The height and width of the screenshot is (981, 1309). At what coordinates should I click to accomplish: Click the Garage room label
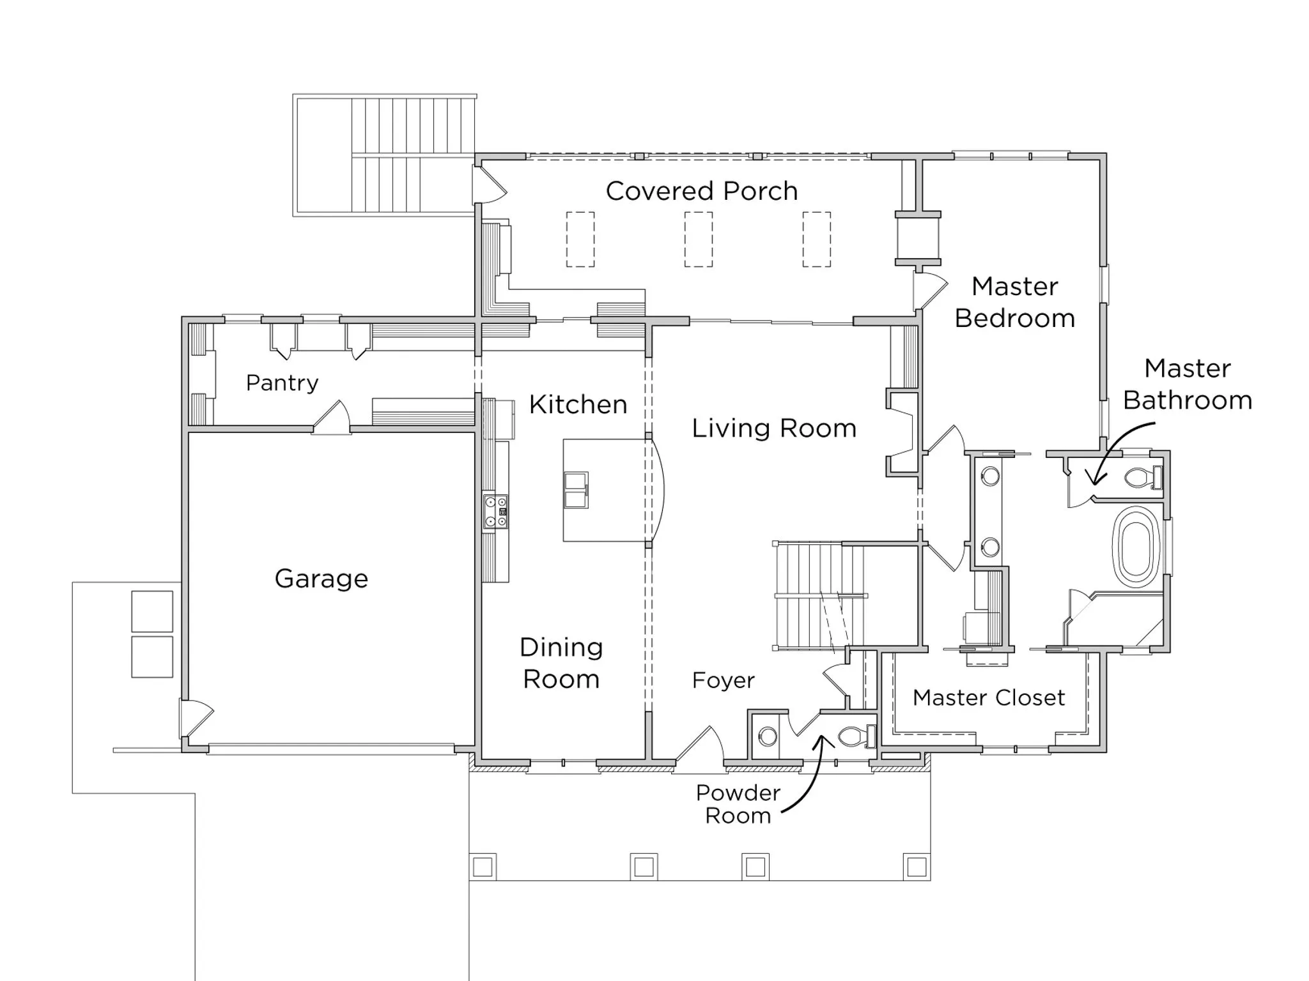click(321, 579)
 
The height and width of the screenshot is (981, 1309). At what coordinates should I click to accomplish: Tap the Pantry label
click(282, 383)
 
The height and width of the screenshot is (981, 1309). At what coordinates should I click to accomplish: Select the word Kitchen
click(578, 404)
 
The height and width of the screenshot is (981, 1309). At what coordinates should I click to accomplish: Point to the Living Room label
click(774, 428)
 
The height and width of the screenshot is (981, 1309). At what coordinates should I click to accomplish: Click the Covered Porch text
click(701, 191)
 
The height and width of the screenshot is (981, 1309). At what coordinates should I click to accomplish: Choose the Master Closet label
click(988, 697)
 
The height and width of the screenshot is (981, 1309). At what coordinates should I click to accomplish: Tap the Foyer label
click(723, 680)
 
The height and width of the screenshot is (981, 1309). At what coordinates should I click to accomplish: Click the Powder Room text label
click(738, 804)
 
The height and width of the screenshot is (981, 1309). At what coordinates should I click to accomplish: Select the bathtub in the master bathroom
click(1136, 547)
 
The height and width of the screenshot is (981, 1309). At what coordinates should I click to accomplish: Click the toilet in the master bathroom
click(1141, 477)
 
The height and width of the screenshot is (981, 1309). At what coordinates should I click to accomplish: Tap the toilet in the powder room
click(854, 737)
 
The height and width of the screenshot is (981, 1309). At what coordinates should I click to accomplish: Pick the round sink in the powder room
click(768, 737)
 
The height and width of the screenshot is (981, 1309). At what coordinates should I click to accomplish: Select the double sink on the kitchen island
click(576, 490)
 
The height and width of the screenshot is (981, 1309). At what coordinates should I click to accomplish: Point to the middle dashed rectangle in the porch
click(698, 240)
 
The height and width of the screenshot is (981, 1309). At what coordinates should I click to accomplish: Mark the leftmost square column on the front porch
click(483, 867)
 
